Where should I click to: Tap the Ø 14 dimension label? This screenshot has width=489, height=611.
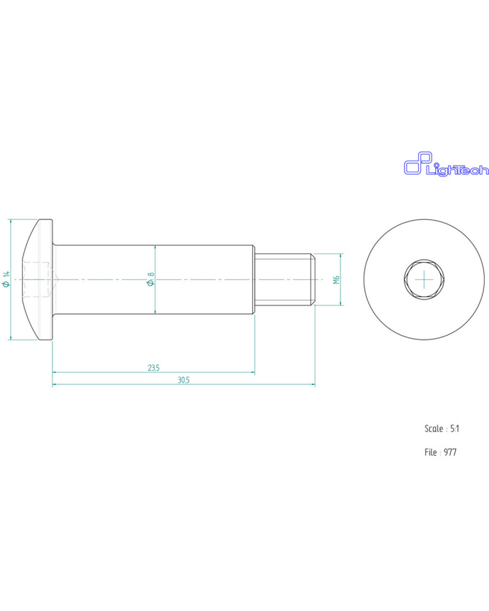[6, 279]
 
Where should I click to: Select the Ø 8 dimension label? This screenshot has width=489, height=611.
[151, 279]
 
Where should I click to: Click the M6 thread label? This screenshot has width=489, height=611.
[337, 279]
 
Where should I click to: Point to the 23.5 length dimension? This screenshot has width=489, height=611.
[154, 368]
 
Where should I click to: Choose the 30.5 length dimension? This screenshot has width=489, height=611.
[183, 380]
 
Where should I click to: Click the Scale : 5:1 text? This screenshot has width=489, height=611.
[442, 429]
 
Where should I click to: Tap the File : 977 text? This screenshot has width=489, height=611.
[441, 452]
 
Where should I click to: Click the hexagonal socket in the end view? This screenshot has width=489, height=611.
[424, 279]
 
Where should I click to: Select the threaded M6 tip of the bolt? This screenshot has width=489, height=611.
[285, 279]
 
